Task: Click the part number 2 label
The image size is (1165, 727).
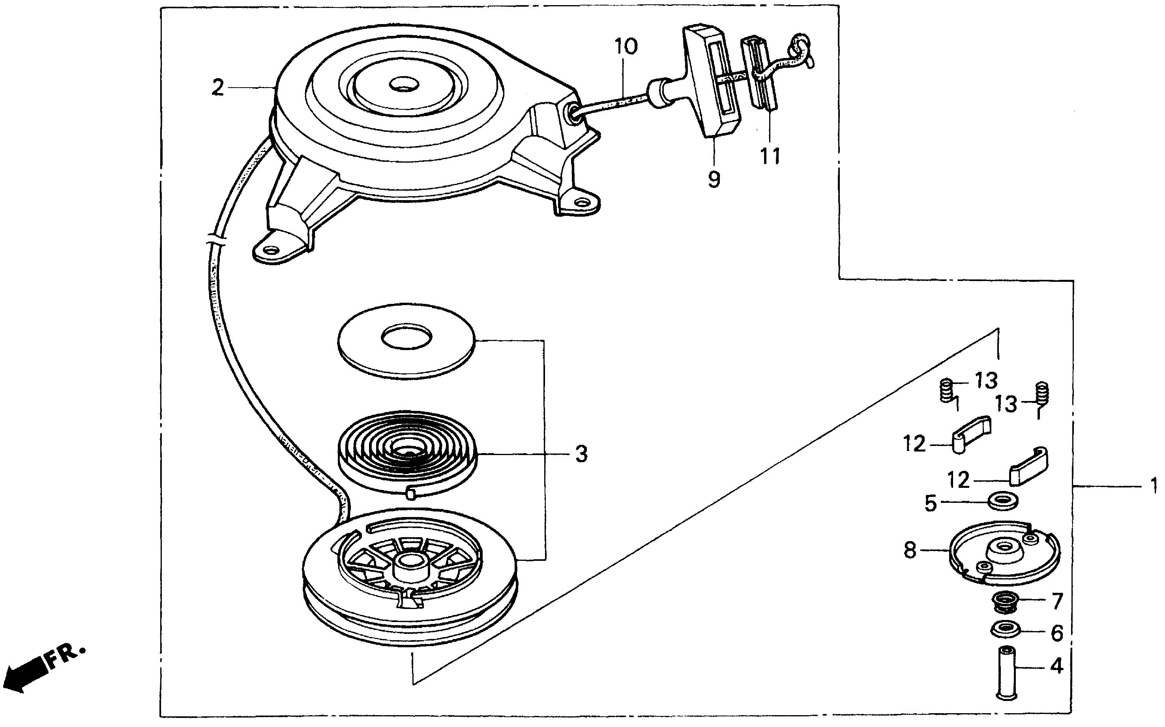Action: (218, 88)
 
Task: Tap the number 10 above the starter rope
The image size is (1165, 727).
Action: (626, 47)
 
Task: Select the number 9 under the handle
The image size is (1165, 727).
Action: (714, 179)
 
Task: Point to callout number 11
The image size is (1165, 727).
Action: (770, 156)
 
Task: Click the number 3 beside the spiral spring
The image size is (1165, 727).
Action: (581, 454)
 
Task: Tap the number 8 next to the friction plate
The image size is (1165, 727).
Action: (910, 551)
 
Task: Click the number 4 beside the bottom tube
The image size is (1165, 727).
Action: (1056, 666)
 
